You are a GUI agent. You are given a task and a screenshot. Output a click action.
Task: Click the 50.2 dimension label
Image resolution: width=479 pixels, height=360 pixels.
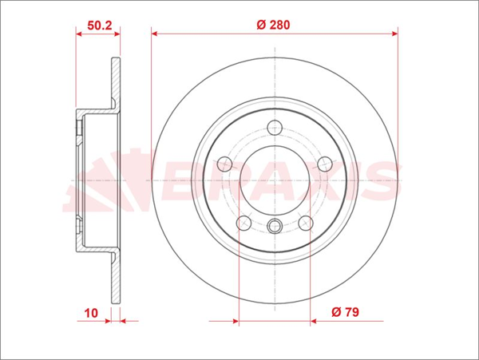tap(100, 26)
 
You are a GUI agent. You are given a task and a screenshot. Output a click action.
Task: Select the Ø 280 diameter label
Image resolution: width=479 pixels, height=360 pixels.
tap(273, 25)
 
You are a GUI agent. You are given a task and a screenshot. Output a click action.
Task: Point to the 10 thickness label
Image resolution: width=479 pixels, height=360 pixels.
tap(91, 313)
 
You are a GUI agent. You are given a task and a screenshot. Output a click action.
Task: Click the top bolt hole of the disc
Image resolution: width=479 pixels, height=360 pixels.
tap(275, 128)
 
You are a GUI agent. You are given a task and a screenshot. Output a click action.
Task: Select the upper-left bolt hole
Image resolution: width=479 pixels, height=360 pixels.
tap(224, 164)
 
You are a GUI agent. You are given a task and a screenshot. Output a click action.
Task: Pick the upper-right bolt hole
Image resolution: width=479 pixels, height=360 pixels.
tap(325, 164)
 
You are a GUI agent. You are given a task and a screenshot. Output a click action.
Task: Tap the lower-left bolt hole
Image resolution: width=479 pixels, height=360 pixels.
tap(244, 223)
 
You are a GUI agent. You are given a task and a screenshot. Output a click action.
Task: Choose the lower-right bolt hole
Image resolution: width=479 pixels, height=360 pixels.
tap(306, 223)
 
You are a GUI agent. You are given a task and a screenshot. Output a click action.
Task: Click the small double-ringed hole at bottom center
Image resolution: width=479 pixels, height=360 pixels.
tap(275, 226)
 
